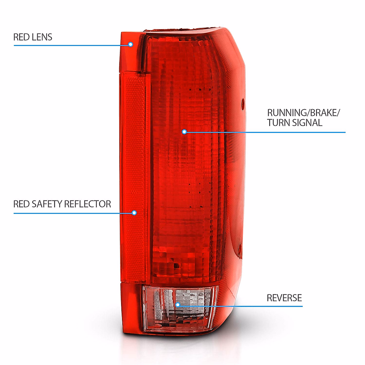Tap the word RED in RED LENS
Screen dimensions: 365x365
[20, 37]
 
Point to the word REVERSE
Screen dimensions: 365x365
[284, 298]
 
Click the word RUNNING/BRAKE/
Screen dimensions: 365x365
[303, 113]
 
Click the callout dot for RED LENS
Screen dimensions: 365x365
[130, 44]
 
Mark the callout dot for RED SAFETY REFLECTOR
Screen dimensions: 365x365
[134, 213]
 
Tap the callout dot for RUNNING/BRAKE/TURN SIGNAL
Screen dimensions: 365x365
[184, 132]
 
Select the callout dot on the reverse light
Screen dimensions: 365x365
[178, 305]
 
